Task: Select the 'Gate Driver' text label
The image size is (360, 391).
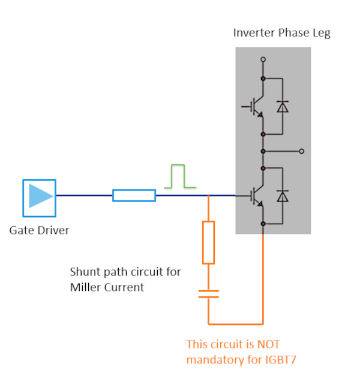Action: (x=39, y=230)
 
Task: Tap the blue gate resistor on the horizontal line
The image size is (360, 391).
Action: (x=134, y=195)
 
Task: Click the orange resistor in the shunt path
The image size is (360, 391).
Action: (x=208, y=242)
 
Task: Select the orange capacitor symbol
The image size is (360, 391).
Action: (x=208, y=294)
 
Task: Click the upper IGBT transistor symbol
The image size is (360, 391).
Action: (x=257, y=107)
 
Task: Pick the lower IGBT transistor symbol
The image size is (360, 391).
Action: (x=257, y=195)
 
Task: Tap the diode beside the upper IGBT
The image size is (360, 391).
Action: (x=282, y=107)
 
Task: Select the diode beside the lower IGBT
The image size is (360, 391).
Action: (x=282, y=196)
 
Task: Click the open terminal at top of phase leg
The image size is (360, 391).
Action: (x=263, y=60)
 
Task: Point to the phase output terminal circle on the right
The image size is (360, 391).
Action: (x=301, y=151)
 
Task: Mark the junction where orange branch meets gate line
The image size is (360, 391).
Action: (x=208, y=195)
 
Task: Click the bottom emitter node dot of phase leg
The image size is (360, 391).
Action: (x=263, y=224)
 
